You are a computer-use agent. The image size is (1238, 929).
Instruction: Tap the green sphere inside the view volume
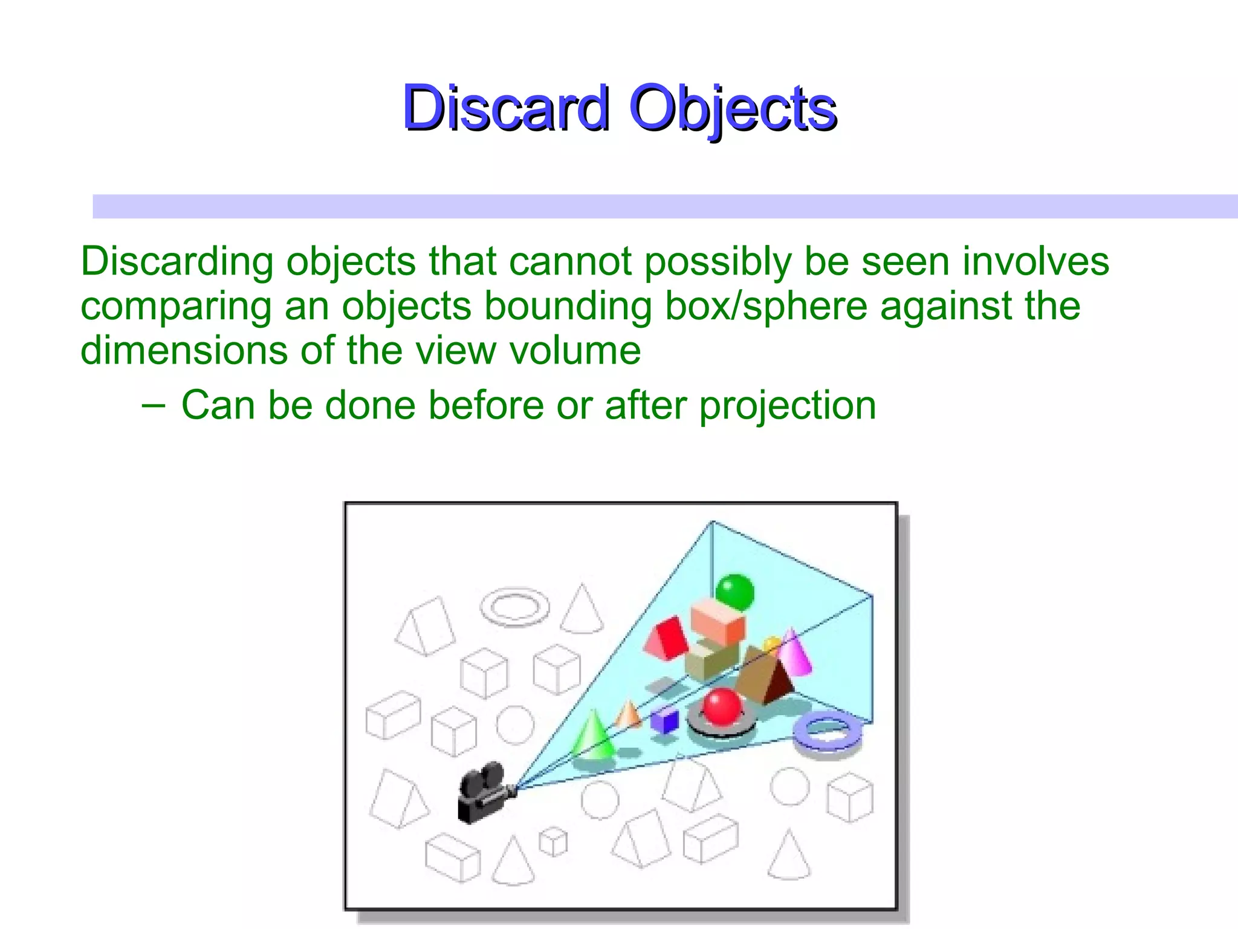pyautogui.click(x=734, y=592)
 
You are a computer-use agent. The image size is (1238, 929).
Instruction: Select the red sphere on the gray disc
pyautogui.click(x=722, y=706)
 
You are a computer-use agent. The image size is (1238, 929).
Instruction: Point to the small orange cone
pyautogui.click(x=629, y=714)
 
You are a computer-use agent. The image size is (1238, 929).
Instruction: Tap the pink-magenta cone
pyautogui.click(x=794, y=653)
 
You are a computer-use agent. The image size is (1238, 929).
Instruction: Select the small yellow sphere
pyautogui.click(x=772, y=645)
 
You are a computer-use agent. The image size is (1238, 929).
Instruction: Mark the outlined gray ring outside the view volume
pyautogui.click(x=515, y=606)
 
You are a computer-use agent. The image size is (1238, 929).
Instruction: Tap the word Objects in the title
pyautogui.click(x=733, y=109)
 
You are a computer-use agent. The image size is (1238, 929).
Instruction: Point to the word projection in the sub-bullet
pyautogui.click(x=788, y=405)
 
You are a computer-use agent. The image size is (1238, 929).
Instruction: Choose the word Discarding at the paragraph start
pyautogui.click(x=177, y=261)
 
